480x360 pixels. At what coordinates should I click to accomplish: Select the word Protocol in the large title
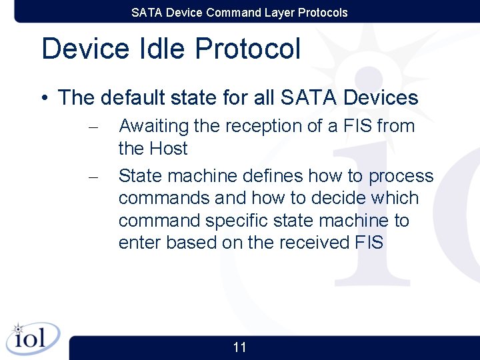pyautogui.click(x=247, y=49)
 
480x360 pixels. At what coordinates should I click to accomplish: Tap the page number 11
pyautogui.click(x=240, y=347)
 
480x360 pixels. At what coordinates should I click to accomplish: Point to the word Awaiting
pyautogui.click(x=153, y=126)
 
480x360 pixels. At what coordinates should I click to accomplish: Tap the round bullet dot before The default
pyautogui.click(x=44, y=99)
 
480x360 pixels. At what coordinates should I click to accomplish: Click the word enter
pyautogui.click(x=139, y=243)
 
